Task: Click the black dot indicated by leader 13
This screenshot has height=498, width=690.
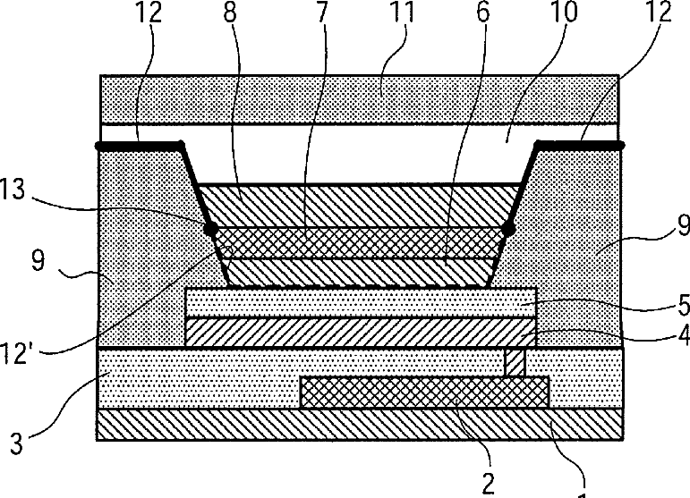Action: [212, 230]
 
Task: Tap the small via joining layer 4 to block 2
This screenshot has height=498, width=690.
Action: [515, 362]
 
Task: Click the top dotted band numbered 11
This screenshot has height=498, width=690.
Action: [358, 98]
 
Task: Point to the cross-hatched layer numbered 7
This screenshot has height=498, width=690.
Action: [358, 242]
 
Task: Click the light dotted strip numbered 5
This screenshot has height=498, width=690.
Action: [358, 301]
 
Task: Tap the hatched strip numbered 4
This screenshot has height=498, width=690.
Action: [358, 332]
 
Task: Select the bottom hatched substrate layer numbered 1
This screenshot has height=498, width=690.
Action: [358, 425]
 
